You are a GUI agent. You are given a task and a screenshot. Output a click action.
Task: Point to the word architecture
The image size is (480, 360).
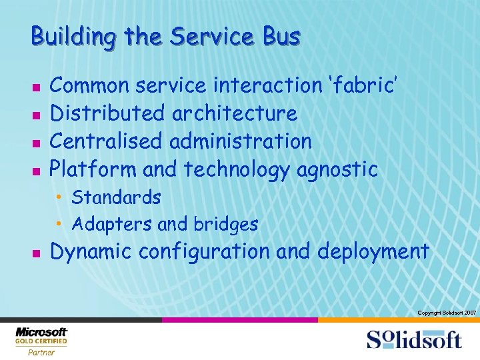click(x=234, y=114)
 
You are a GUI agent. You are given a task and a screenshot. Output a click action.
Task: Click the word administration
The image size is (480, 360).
click(x=241, y=141)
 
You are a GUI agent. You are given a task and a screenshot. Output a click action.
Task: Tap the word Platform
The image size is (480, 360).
click(x=93, y=169)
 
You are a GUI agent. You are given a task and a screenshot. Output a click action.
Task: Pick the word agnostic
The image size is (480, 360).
click(x=337, y=170)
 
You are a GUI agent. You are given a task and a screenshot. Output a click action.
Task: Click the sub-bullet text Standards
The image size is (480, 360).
click(x=116, y=197)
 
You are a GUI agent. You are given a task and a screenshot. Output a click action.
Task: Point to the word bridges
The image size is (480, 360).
click(x=225, y=225)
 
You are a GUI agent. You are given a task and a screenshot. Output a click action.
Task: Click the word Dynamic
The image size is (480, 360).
click(x=91, y=252)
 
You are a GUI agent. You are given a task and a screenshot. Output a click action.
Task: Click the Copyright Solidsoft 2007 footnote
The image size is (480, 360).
click(x=446, y=312)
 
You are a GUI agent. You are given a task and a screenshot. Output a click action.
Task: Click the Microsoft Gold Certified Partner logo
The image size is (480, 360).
click(x=41, y=341)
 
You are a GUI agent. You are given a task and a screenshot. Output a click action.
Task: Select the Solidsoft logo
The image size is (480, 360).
click(x=413, y=339)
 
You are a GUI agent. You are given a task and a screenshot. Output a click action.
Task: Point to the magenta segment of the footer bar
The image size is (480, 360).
click(x=240, y=320)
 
